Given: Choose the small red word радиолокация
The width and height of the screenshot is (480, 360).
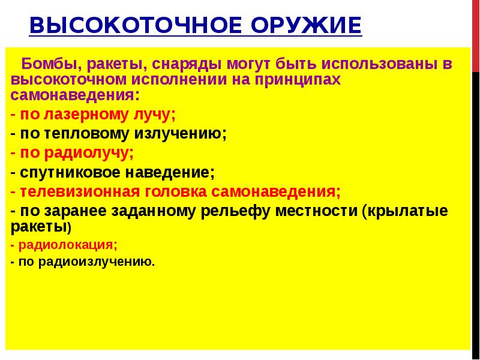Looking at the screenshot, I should pyautogui.click(x=67, y=245).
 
